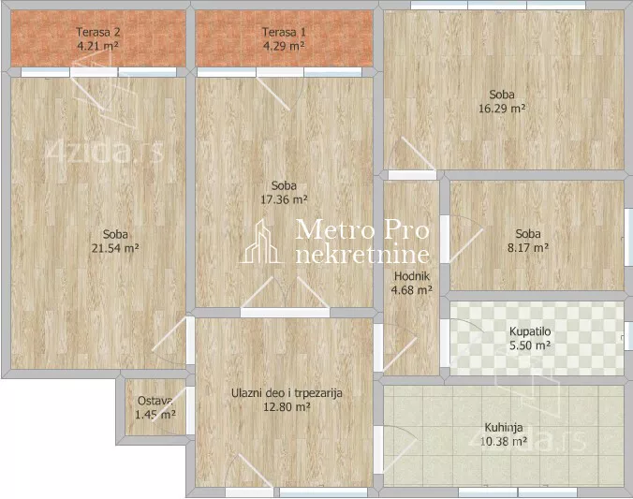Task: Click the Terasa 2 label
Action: [x=98, y=32]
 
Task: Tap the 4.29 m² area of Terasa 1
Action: [x=284, y=46]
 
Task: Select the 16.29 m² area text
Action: [x=502, y=109]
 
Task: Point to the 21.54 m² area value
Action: [x=115, y=248]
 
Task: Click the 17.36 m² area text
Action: [x=285, y=199]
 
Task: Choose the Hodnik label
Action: [x=412, y=276]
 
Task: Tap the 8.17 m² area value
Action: [x=528, y=247]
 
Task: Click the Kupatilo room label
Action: [x=530, y=331]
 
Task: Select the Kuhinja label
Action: [x=504, y=427]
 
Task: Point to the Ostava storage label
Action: [x=155, y=401]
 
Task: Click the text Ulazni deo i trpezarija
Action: [x=287, y=393]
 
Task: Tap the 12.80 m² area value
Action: [x=287, y=407]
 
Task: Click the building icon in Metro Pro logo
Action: [x=261, y=242]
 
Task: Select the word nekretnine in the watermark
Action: [x=362, y=255]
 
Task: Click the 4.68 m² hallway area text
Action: [x=412, y=290]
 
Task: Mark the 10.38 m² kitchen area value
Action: [x=504, y=442]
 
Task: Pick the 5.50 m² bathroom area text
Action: [x=530, y=345]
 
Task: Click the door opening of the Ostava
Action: [x=190, y=410]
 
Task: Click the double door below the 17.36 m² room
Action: [x=285, y=294]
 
